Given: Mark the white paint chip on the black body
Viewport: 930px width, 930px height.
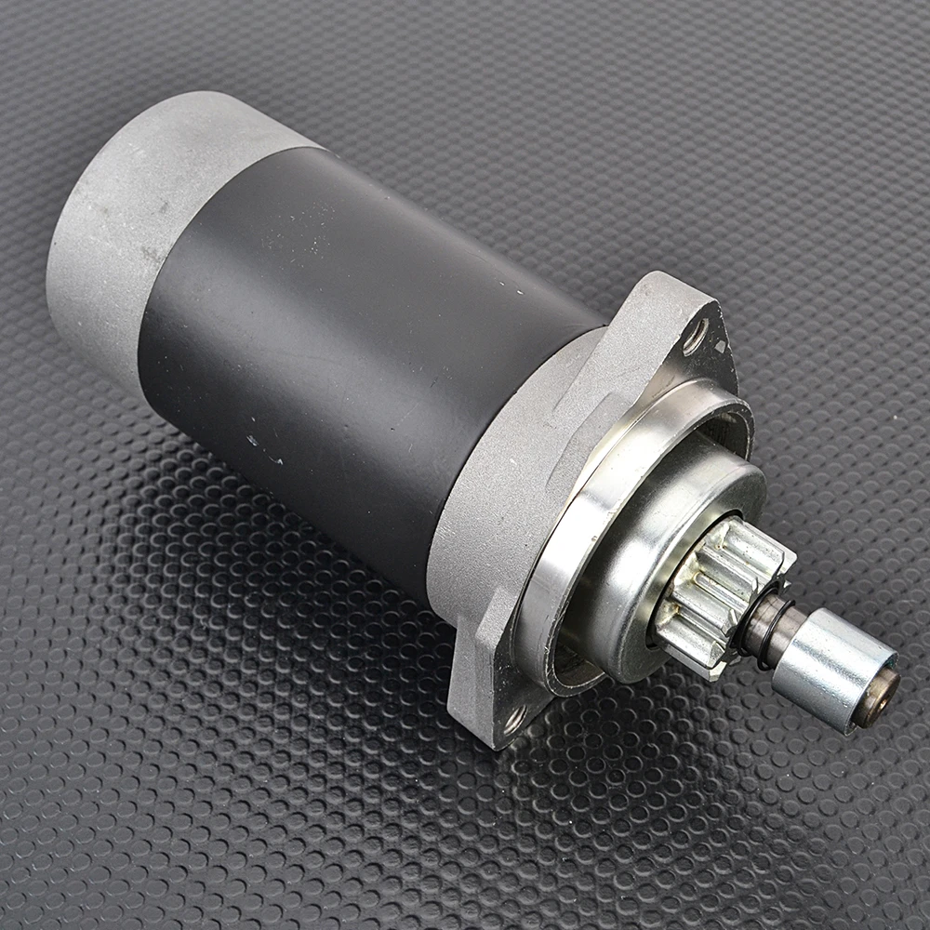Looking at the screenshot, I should point(249,432).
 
